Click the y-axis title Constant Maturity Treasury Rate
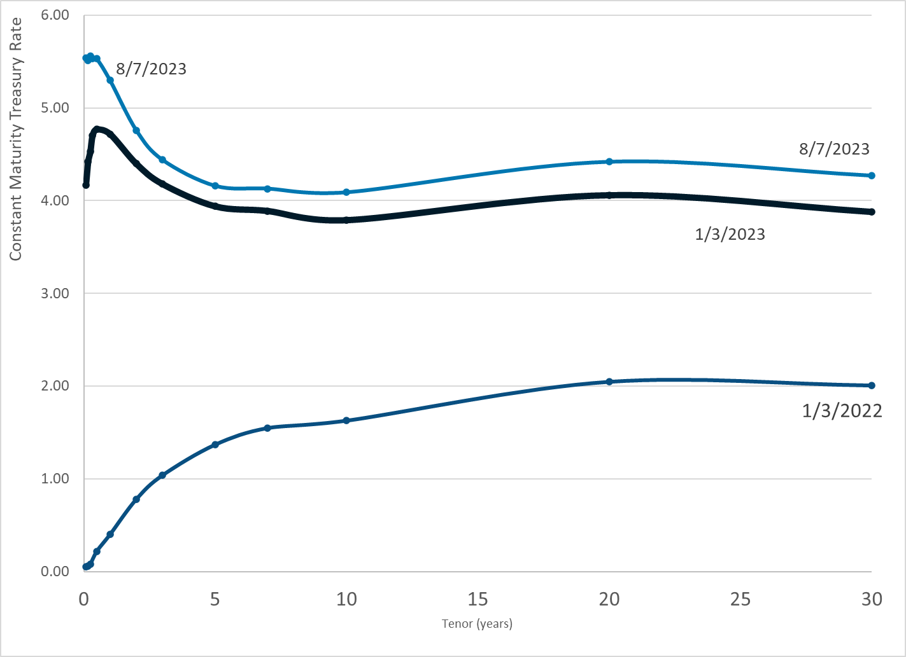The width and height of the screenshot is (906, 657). pyautogui.click(x=16, y=139)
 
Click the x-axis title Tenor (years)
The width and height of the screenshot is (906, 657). pyautogui.click(x=477, y=623)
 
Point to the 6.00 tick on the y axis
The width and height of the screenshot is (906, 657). pyautogui.click(x=55, y=15)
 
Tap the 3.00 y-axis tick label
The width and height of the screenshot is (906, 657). pyautogui.click(x=55, y=294)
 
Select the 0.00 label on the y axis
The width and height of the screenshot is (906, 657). pyautogui.click(x=55, y=572)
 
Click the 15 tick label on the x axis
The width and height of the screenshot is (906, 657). pyautogui.click(x=478, y=599)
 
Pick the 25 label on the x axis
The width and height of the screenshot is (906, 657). pyautogui.click(x=740, y=599)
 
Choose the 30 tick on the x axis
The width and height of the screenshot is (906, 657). pyautogui.click(x=872, y=599)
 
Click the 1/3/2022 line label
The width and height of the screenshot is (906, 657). pyautogui.click(x=842, y=411)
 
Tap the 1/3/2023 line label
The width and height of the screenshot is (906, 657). pyautogui.click(x=730, y=235)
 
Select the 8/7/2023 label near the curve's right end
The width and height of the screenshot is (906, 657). pyautogui.click(x=834, y=149)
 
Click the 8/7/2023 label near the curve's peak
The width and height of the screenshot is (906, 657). pyautogui.click(x=151, y=69)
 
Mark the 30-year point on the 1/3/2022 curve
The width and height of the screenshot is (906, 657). pyautogui.click(x=872, y=385)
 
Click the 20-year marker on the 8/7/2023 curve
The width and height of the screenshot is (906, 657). pyautogui.click(x=609, y=162)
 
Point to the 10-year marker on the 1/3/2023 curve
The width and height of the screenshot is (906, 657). pyautogui.click(x=346, y=220)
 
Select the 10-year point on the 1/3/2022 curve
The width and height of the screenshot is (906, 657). pyautogui.click(x=346, y=420)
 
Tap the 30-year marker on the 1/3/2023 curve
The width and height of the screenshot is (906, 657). pyautogui.click(x=872, y=212)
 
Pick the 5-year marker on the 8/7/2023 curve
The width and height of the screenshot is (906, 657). pyautogui.click(x=215, y=186)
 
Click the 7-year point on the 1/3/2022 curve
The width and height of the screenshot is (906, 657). pyautogui.click(x=267, y=428)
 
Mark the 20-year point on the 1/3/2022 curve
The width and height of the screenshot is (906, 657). pyautogui.click(x=609, y=382)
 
